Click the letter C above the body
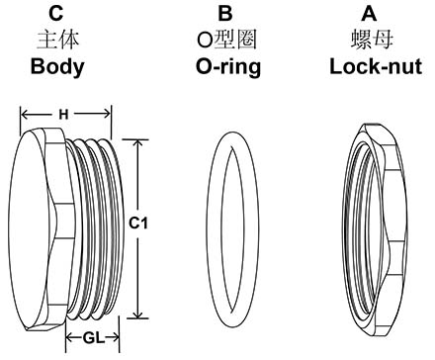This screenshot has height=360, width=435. (57, 14)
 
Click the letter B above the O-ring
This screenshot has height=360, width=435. (225, 14)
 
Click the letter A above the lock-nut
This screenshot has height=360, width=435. (369, 14)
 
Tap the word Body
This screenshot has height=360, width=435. (57, 68)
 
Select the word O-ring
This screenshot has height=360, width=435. (225, 68)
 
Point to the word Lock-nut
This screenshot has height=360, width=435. (369, 68)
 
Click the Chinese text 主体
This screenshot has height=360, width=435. (57, 42)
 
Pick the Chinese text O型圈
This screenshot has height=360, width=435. (225, 42)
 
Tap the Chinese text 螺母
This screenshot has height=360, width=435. (369, 42)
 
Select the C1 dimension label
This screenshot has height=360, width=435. (139, 225)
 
